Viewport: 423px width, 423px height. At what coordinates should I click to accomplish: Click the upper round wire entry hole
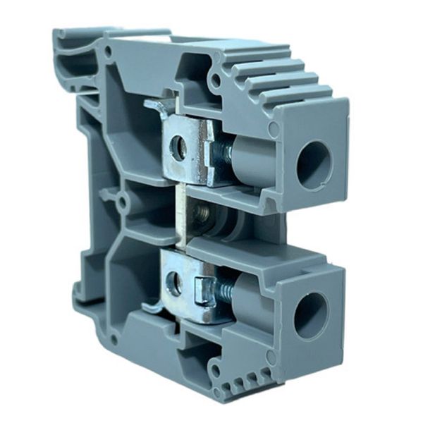(314, 166)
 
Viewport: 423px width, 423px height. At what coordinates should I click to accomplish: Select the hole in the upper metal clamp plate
(179, 147)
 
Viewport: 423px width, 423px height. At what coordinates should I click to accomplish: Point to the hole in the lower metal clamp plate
(173, 284)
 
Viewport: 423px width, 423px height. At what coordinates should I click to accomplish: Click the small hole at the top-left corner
(108, 51)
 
